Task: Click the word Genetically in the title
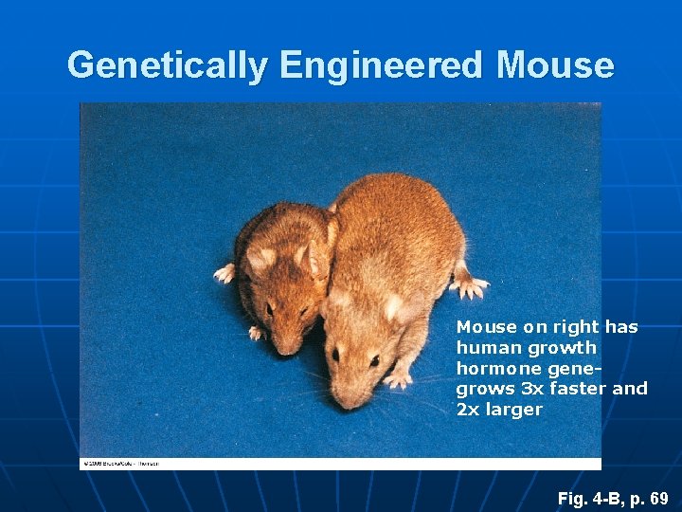click(x=167, y=65)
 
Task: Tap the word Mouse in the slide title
click(x=555, y=65)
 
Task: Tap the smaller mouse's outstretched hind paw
click(x=225, y=273)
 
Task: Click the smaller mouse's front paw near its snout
click(x=256, y=333)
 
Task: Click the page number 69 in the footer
click(x=659, y=498)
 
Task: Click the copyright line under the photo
click(x=119, y=464)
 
